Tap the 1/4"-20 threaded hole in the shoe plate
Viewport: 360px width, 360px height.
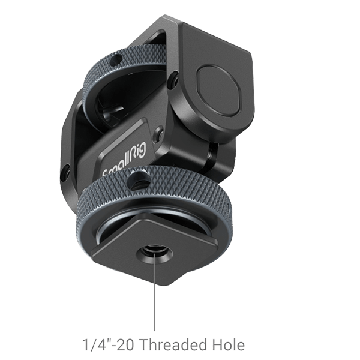click(x=155, y=248)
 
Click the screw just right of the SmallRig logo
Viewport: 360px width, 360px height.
click(x=158, y=133)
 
